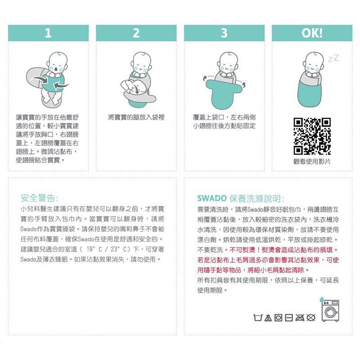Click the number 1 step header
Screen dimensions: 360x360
48,33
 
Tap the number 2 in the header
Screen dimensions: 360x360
136,33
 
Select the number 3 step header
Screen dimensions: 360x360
224,33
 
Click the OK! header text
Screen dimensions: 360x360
312,33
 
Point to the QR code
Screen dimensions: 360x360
312,136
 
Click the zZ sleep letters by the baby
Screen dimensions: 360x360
333,58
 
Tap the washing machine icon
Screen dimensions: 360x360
330,311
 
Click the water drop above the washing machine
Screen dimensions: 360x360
321,299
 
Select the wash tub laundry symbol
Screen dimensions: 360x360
257,318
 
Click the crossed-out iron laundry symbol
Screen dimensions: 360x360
300,318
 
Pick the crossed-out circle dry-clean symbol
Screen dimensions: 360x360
311,318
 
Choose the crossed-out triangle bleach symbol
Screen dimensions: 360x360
267,318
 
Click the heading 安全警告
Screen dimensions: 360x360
39,198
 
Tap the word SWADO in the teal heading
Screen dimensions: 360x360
212,198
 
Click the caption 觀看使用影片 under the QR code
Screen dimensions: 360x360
312,162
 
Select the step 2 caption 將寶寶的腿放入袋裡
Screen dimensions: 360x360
136,117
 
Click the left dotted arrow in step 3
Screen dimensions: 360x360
208,77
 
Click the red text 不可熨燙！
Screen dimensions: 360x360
244,250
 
